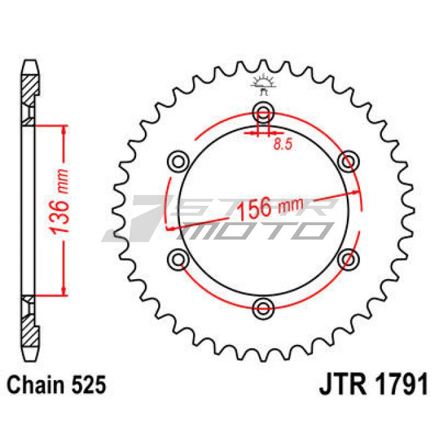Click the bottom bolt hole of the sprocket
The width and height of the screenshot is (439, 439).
click(263, 308)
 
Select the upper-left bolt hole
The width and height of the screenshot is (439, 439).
click(178, 162)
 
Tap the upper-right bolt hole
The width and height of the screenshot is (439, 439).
click(349, 162)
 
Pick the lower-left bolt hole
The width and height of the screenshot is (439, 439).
click(178, 260)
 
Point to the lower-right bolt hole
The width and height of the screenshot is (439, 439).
click(349, 259)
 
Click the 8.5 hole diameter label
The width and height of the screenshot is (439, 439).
click(283, 144)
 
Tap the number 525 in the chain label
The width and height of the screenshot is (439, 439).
click(89, 384)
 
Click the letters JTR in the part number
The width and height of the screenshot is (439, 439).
click(342, 384)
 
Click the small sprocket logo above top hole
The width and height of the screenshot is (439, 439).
click(263, 85)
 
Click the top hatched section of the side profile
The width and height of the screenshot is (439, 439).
click(29, 90)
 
